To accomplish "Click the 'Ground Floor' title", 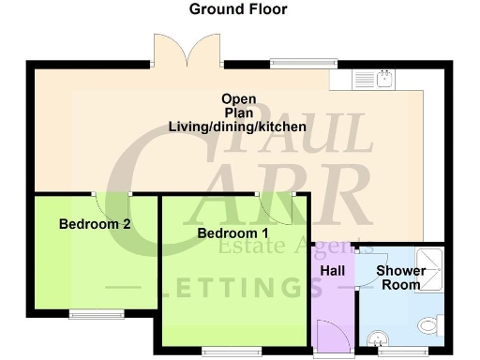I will (x=238, y=9).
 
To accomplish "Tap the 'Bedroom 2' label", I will (x=95, y=224).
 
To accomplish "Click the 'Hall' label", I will (x=333, y=271).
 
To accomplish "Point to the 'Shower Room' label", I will (x=401, y=277).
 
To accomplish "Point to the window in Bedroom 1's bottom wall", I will (x=231, y=352).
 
